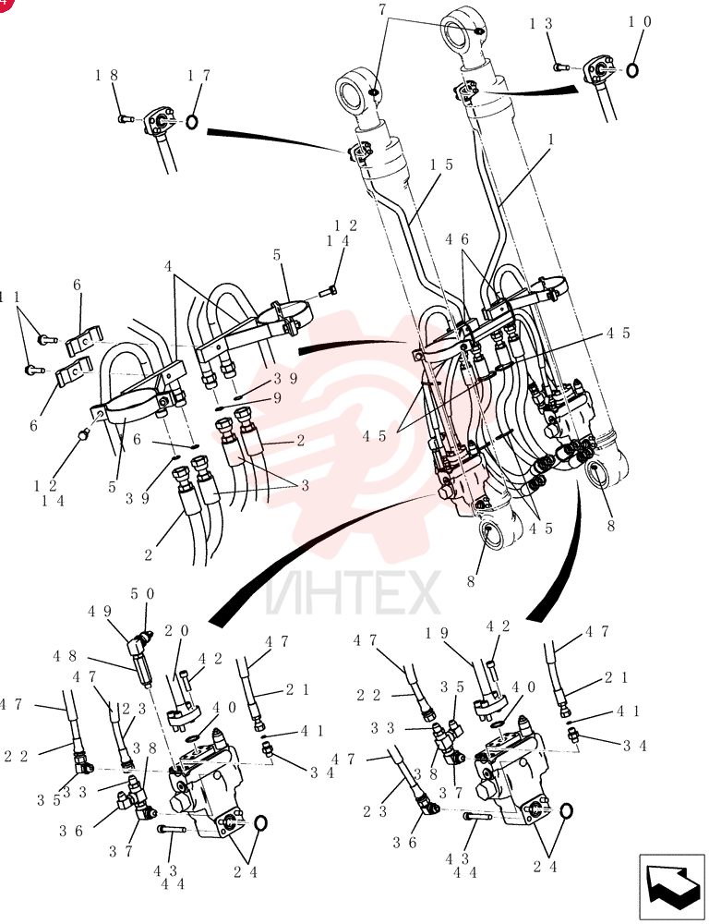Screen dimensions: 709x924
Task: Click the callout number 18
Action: [x=107, y=76]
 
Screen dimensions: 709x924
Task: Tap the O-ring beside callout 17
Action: [x=192, y=122]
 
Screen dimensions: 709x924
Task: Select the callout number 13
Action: [x=540, y=24]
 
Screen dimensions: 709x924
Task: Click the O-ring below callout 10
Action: [x=631, y=70]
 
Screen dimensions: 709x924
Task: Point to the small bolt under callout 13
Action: [x=560, y=67]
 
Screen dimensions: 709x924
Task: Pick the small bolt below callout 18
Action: [x=126, y=119]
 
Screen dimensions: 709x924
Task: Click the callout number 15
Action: [x=441, y=164]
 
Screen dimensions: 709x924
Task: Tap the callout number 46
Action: [x=457, y=240]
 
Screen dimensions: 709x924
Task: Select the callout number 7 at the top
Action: [x=382, y=9]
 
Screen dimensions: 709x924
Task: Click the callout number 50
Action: [x=142, y=593]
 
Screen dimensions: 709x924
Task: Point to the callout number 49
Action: [x=100, y=612]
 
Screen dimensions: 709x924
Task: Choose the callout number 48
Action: [x=65, y=656]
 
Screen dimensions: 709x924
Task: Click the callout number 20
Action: [x=176, y=631]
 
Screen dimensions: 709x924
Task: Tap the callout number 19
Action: [x=437, y=634]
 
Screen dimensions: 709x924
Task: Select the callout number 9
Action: [x=277, y=399]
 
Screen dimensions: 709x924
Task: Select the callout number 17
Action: [x=199, y=76]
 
